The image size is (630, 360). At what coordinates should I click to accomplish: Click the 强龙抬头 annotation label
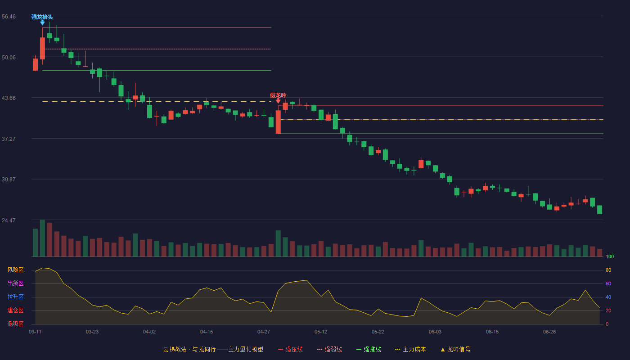(x=42, y=17)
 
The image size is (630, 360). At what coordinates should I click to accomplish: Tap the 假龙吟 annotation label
(x=278, y=95)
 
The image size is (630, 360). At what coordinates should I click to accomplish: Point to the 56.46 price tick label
(x=9, y=17)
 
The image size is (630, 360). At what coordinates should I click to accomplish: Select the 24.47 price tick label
(x=9, y=220)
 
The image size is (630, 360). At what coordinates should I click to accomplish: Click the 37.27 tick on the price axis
(x=9, y=139)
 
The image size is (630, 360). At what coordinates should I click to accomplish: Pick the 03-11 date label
(x=35, y=332)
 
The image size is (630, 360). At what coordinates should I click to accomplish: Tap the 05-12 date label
(x=320, y=332)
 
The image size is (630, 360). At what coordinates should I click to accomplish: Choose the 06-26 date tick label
(x=549, y=332)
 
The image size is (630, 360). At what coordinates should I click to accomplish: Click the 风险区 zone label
(x=15, y=270)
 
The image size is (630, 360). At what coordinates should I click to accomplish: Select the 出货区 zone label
(x=15, y=283)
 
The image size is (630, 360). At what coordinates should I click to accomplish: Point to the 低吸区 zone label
(x=15, y=324)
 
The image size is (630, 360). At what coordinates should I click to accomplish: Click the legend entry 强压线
(x=290, y=349)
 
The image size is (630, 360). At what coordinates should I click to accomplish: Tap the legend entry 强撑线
(x=369, y=349)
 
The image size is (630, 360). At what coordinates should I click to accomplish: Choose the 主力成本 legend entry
(x=410, y=349)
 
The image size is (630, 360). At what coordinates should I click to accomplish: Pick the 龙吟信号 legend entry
(x=455, y=349)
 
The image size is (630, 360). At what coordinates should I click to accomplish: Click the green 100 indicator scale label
(x=610, y=256)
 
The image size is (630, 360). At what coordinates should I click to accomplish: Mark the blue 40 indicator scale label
(x=608, y=297)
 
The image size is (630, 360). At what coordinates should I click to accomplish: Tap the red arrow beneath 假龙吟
(x=278, y=101)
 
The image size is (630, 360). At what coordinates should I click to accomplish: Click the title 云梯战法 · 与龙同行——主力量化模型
(x=213, y=349)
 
